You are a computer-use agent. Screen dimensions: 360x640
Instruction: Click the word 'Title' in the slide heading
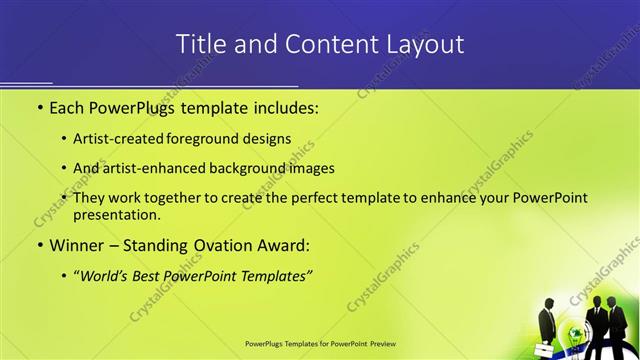click(198, 45)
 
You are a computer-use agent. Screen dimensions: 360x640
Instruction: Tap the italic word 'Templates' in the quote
click(272, 274)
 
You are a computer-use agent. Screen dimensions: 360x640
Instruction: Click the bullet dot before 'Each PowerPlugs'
click(39, 107)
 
